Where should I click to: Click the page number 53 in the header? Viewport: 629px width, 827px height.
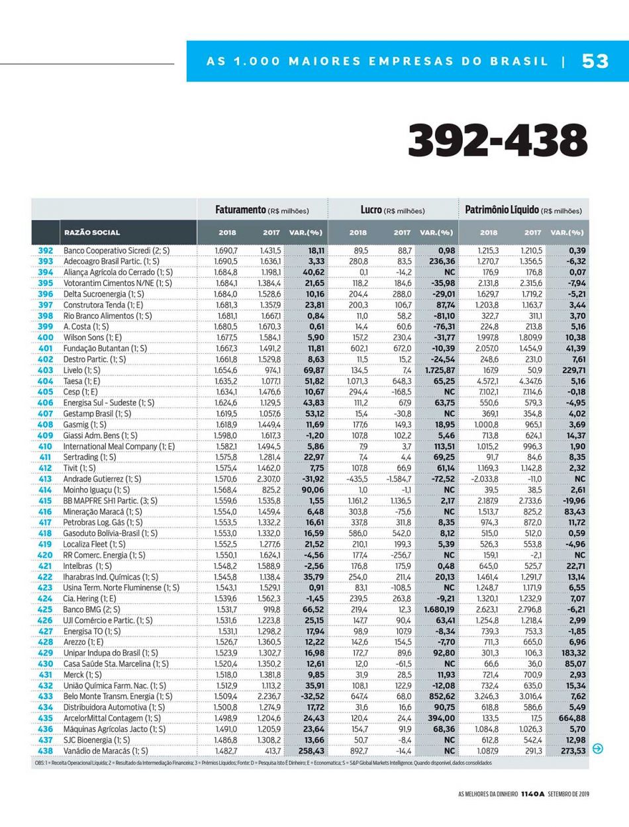(x=595, y=61)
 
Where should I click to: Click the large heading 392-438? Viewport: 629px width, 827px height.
(x=498, y=141)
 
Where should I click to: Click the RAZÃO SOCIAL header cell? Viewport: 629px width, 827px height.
(x=92, y=232)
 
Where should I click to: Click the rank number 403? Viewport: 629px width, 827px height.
(x=45, y=370)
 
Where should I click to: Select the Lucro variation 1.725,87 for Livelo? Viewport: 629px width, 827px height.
(x=438, y=370)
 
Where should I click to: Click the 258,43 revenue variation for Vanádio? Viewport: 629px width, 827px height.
(x=307, y=751)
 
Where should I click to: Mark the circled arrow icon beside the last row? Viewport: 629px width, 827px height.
(x=598, y=749)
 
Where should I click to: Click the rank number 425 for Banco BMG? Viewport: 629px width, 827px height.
(x=45, y=609)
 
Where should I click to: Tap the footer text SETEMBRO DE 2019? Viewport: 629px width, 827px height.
(x=569, y=794)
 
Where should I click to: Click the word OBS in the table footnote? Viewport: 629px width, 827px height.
(x=40, y=763)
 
